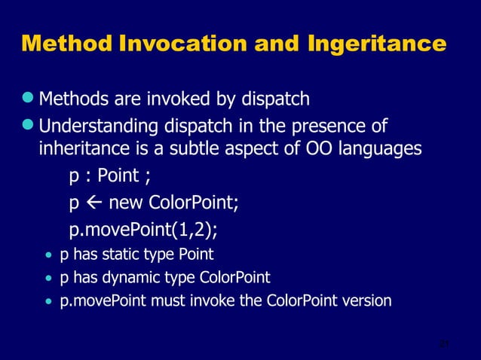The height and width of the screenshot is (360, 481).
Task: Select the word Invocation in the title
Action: coord(185,44)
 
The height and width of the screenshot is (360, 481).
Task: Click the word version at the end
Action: coord(364,301)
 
